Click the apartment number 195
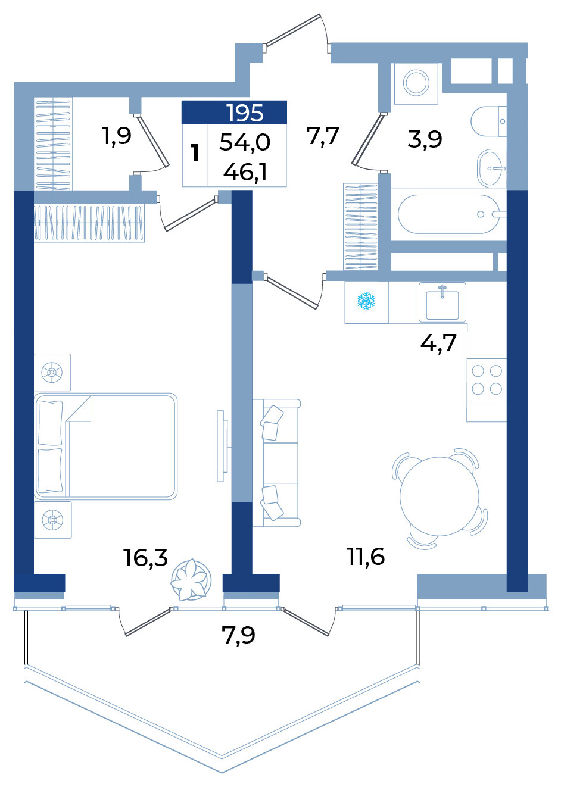coord(245,113)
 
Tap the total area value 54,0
coord(245,143)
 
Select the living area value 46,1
coord(245,172)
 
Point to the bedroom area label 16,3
coord(145,558)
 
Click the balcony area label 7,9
coord(238,636)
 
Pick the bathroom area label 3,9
coord(425,139)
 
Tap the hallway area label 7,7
coord(322,135)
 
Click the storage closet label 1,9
coord(117,136)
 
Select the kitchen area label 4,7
coord(438,342)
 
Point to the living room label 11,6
coord(366,557)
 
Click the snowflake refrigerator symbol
coord(366,301)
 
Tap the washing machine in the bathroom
coord(416,83)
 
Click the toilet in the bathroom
coord(488,121)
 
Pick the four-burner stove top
coord(487,380)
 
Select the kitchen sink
coord(442,302)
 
